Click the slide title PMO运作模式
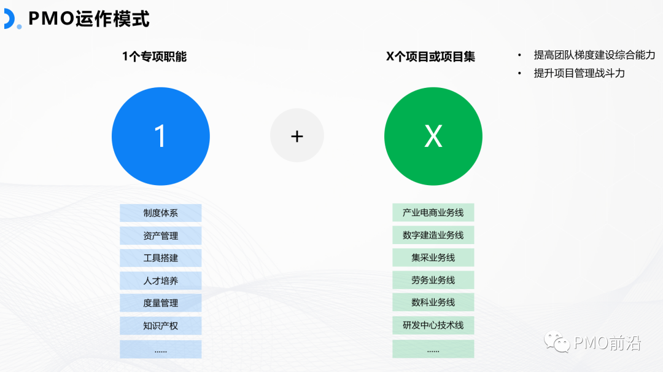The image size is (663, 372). tap(88, 18)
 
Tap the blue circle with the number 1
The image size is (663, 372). tap(160, 136)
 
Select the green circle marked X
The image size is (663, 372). tap(433, 136)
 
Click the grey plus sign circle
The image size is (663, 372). tap(297, 136)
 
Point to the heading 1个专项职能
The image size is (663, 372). tap(154, 57)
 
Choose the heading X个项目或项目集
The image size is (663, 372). tap(430, 57)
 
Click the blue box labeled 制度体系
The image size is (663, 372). tap(160, 213)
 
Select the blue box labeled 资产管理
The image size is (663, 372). tap(160, 235)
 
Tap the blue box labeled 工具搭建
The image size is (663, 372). tap(160, 258)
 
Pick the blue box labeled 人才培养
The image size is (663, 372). tap(160, 280)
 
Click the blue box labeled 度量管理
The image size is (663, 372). tap(160, 303)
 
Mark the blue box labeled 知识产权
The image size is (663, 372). tap(160, 325)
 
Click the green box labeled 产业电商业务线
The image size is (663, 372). tap(433, 213)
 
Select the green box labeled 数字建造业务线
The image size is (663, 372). tap(433, 235)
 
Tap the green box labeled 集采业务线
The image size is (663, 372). tap(433, 258)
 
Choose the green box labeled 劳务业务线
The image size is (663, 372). tap(433, 280)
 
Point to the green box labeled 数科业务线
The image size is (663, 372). tap(433, 303)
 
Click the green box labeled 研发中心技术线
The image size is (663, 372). tap(433, 325)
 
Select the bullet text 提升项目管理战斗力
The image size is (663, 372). tap(579, 73)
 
